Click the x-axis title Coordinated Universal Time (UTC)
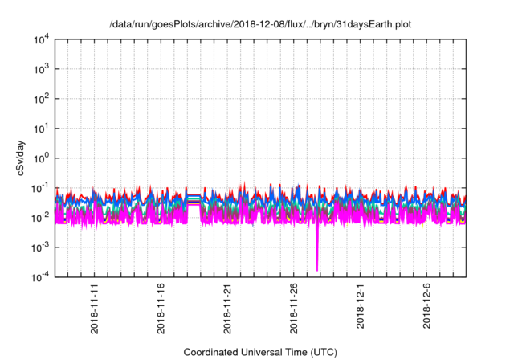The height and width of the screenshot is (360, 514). coord(259,352)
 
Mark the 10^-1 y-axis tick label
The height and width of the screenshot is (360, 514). coord(41,188)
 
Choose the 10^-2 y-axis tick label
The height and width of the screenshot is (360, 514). coord(41,218)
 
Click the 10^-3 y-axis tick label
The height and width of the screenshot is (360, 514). coord(41,247)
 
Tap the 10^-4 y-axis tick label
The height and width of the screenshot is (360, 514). coord(41,277)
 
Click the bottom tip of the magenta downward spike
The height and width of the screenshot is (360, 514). coord(317,270)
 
